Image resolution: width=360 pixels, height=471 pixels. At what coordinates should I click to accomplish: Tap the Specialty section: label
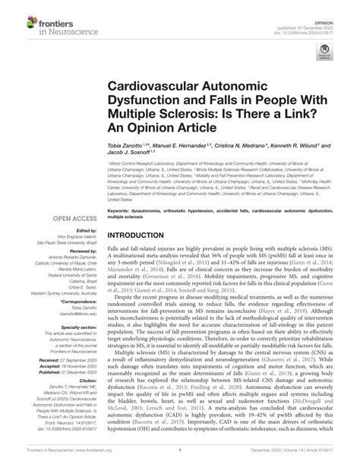(x=76, y=325)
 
